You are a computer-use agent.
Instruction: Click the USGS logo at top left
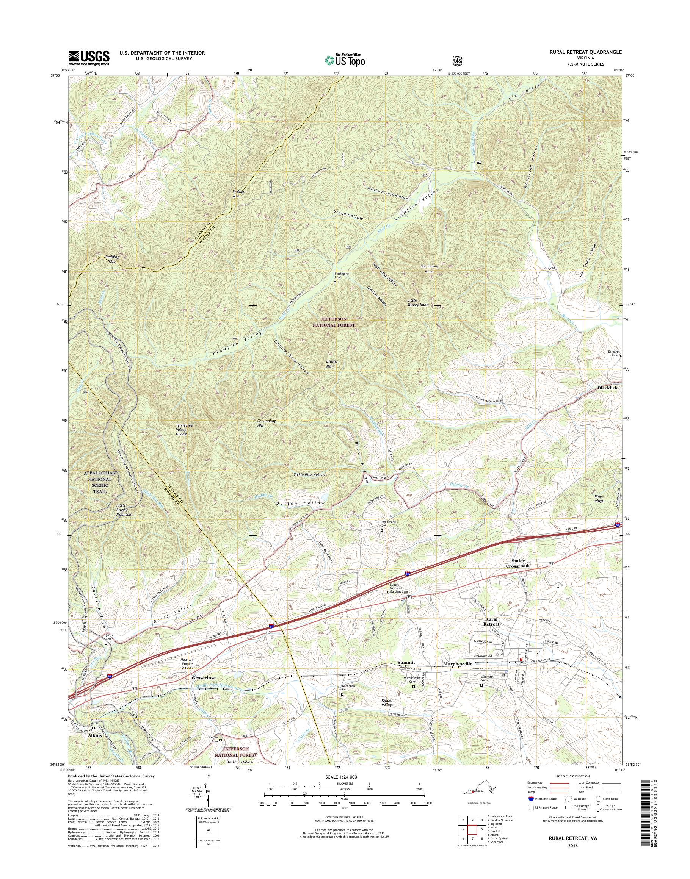tap(89, 57)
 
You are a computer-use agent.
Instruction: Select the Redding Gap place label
tap(110, 259)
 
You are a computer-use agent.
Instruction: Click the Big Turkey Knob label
tap(429, 269)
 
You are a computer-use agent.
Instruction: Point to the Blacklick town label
tap(608, 388)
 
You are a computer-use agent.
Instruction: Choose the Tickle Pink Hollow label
tap(309, 474)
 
